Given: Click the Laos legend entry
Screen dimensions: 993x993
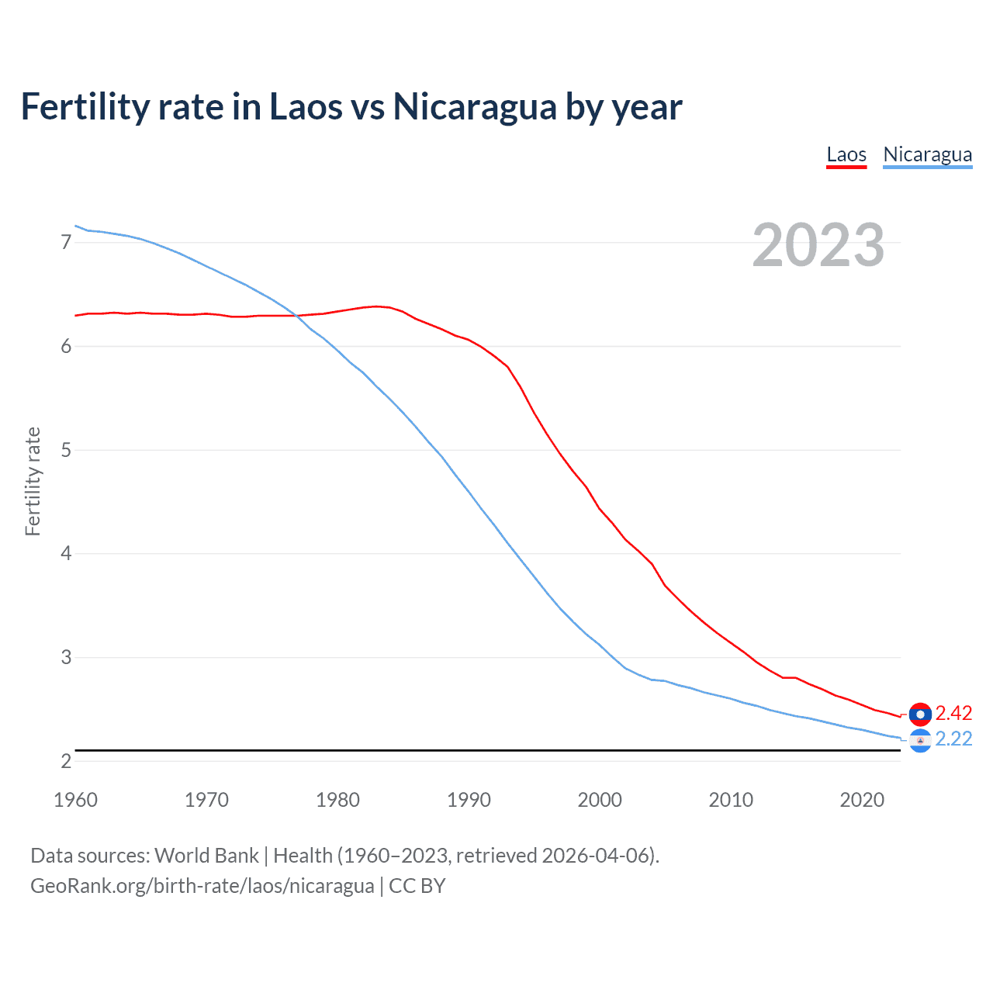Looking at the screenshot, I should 846,154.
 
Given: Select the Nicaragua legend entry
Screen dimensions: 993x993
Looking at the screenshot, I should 927,154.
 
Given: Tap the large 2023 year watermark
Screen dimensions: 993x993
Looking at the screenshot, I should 818,245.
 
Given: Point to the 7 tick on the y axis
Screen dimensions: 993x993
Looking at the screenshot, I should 66,242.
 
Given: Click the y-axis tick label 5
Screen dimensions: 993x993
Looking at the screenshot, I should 66,450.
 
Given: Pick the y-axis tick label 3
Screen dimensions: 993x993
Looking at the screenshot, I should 66,657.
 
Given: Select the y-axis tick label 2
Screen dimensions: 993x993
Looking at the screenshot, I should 66,761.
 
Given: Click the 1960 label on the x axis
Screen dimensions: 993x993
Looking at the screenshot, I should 75,800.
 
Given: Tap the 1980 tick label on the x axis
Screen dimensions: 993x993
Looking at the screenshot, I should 337,800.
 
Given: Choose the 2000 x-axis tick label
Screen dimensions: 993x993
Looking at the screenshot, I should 600,800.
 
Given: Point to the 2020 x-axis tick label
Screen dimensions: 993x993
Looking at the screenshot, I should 862,800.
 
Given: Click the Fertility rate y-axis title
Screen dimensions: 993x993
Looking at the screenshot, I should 33,481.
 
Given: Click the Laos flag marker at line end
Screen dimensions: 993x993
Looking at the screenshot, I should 920,714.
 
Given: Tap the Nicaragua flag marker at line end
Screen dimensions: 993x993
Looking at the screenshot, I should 920,741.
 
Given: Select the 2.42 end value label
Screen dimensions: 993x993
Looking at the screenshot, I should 953,713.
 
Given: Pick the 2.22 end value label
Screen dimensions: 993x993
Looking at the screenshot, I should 953,739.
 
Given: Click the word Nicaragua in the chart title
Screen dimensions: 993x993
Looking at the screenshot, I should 474,107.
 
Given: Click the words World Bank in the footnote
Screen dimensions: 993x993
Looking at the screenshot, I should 206,856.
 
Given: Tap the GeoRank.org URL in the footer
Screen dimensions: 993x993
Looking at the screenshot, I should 202,886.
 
